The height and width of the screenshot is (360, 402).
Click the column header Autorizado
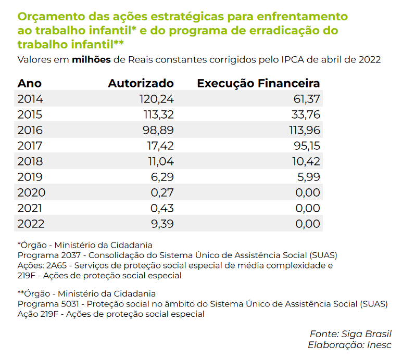pos(141,83)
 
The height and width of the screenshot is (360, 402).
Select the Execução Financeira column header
pos(258,83)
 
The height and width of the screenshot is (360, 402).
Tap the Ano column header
pos(29,83)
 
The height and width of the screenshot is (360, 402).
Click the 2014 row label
pos(30,99)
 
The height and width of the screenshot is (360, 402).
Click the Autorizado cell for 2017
pos(161,146)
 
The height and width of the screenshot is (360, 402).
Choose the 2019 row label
pos(30,177)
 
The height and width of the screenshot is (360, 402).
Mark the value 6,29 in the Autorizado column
pos(163,177)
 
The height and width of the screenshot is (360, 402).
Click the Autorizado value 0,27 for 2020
pos(163,192)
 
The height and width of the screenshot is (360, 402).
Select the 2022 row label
pos(31,224)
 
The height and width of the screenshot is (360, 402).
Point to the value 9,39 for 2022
pos(162,224)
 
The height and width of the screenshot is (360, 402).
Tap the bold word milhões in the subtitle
pos(91,59)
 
